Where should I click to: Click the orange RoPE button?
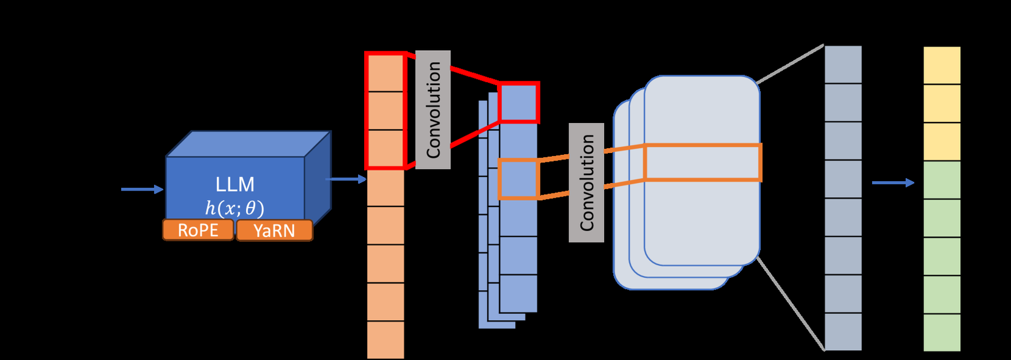pyautogui.click(x=198, y=230)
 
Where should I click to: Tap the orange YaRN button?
pyautogui.click(x=274, y=231)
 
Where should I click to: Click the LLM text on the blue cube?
pyautogui.click(x=235, y=184)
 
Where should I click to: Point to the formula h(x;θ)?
pyautogui.click(x=235, y=209)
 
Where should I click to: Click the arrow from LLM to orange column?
pyautogui.click(x=346, y=179)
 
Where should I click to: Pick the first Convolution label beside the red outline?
pyautogui.click(x=433, y=110)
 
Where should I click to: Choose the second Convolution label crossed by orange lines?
pyautogui.click(x=586, y=182)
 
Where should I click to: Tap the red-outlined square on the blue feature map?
pyautogui.click(x=519, y=102)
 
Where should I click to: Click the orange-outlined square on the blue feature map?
pyautogui.click(x=519, y=179)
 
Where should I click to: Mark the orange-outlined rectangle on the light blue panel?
pyautogui.click(x=703, y=162)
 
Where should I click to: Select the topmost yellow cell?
pyautogui.click(x=942, y=66)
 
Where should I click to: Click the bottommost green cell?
pyautogui.click(x=942, y=332)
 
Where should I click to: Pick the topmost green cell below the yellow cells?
pyautogui.click(x=942, y=180)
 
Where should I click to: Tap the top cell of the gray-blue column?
pyautogui.click(x=843, y=64)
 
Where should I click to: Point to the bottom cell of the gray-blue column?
pyautogui.click(x=843, y=332)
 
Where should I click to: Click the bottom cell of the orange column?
pyautogui.click(x=386, y=340)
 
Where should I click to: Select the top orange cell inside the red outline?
pyautogui.click(x=386, y=73)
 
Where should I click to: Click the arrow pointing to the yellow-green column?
pyautogui.click(x=893, y=182)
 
